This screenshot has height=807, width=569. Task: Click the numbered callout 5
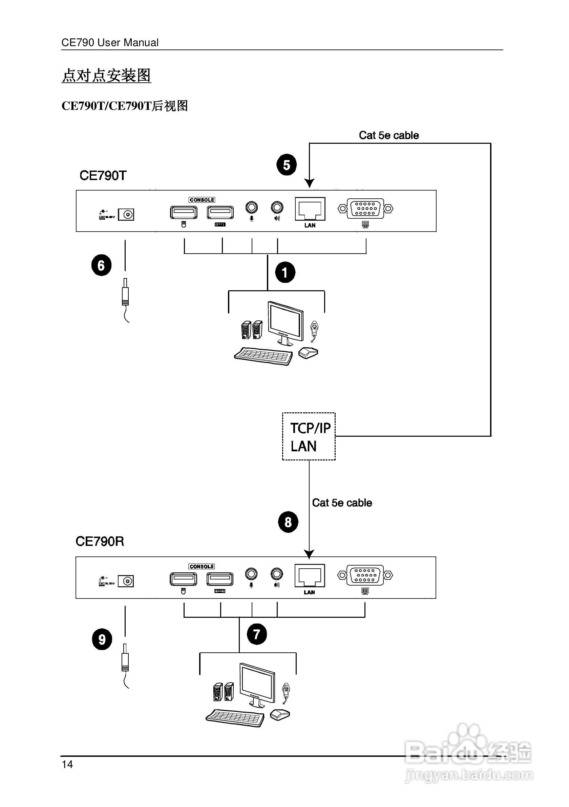pyautogui.click(x=287, y=165)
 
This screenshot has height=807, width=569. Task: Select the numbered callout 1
pyautogui.click(x=285, y=272)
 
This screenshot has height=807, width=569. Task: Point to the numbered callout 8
pyautogui.click(x=288, y=522)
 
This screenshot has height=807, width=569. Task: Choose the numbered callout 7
pyautogui.click(x=257, y=634)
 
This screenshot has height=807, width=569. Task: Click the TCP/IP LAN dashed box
pyautogui.click(x=309, y=436)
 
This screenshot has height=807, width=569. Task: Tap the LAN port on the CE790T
pyautogui.click(x=310, y=210)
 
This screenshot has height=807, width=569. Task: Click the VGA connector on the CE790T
pyautogui.click(x=365, y=209)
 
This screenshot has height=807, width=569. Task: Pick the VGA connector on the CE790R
pyautogui.click(x=365, y=575)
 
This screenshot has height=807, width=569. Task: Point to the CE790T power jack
pyautogui.click(x=126, y=214)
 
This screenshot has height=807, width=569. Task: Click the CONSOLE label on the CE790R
pyautogui.click(x=202, y=567)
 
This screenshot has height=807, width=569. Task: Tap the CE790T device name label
pyautogui.click(x=103, y=175)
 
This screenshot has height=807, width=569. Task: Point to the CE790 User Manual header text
pyautogui.click(x=110, y=42)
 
